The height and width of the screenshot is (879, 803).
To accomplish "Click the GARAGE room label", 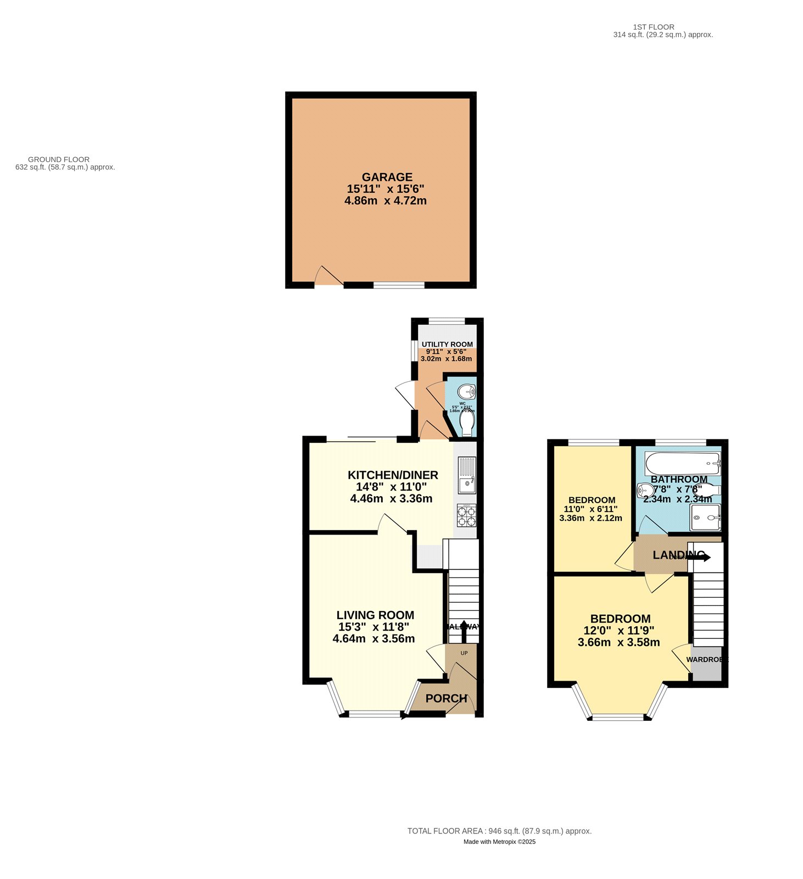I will tap(387, 177).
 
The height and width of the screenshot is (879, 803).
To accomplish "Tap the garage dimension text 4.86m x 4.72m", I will tap(386, 201).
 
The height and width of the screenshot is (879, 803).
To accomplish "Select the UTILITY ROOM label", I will tap(447, 344).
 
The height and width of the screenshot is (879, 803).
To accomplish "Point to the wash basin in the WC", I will tap(467, 392).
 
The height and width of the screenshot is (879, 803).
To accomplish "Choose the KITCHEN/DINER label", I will tap(393, 475).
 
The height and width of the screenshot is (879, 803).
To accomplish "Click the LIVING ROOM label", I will tap(375, 615).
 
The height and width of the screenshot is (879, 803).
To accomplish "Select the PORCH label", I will tap(446, 699).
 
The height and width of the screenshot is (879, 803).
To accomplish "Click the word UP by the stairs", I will tap(464, 653).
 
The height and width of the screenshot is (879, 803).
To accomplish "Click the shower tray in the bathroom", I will tap(705, 518).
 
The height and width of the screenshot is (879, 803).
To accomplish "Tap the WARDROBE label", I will tap(706, 659).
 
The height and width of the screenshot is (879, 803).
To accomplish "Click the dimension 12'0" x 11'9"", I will tap(621, 631).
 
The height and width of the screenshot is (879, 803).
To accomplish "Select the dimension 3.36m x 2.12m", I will tap(590, 518).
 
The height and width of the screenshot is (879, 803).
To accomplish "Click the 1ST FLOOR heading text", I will tap(654, 27).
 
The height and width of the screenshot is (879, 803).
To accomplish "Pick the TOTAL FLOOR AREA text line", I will tap(499, 831).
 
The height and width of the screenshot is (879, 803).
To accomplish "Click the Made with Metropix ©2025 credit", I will tap(499, 842).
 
